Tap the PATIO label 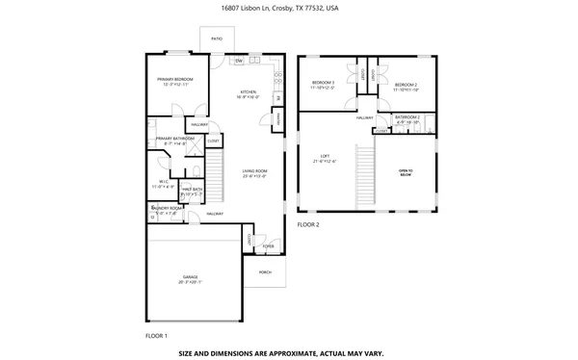pos(216,39)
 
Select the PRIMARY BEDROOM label pos(177,79)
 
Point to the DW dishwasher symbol pos(239,61)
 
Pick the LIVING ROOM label pos(254,170)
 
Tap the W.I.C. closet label pos(164,183)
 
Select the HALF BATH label pos(191,190)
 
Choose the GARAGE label pos(189,280)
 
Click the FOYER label pos(268,245)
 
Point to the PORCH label pos(265,272)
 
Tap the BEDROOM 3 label pos(323,84)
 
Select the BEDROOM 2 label pos(406,86)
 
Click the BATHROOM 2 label pos(408,118)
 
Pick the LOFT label pos(325,156)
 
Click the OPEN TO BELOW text pos(406,173)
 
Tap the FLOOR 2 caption pos(307,224)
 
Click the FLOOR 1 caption pos(156,335)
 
